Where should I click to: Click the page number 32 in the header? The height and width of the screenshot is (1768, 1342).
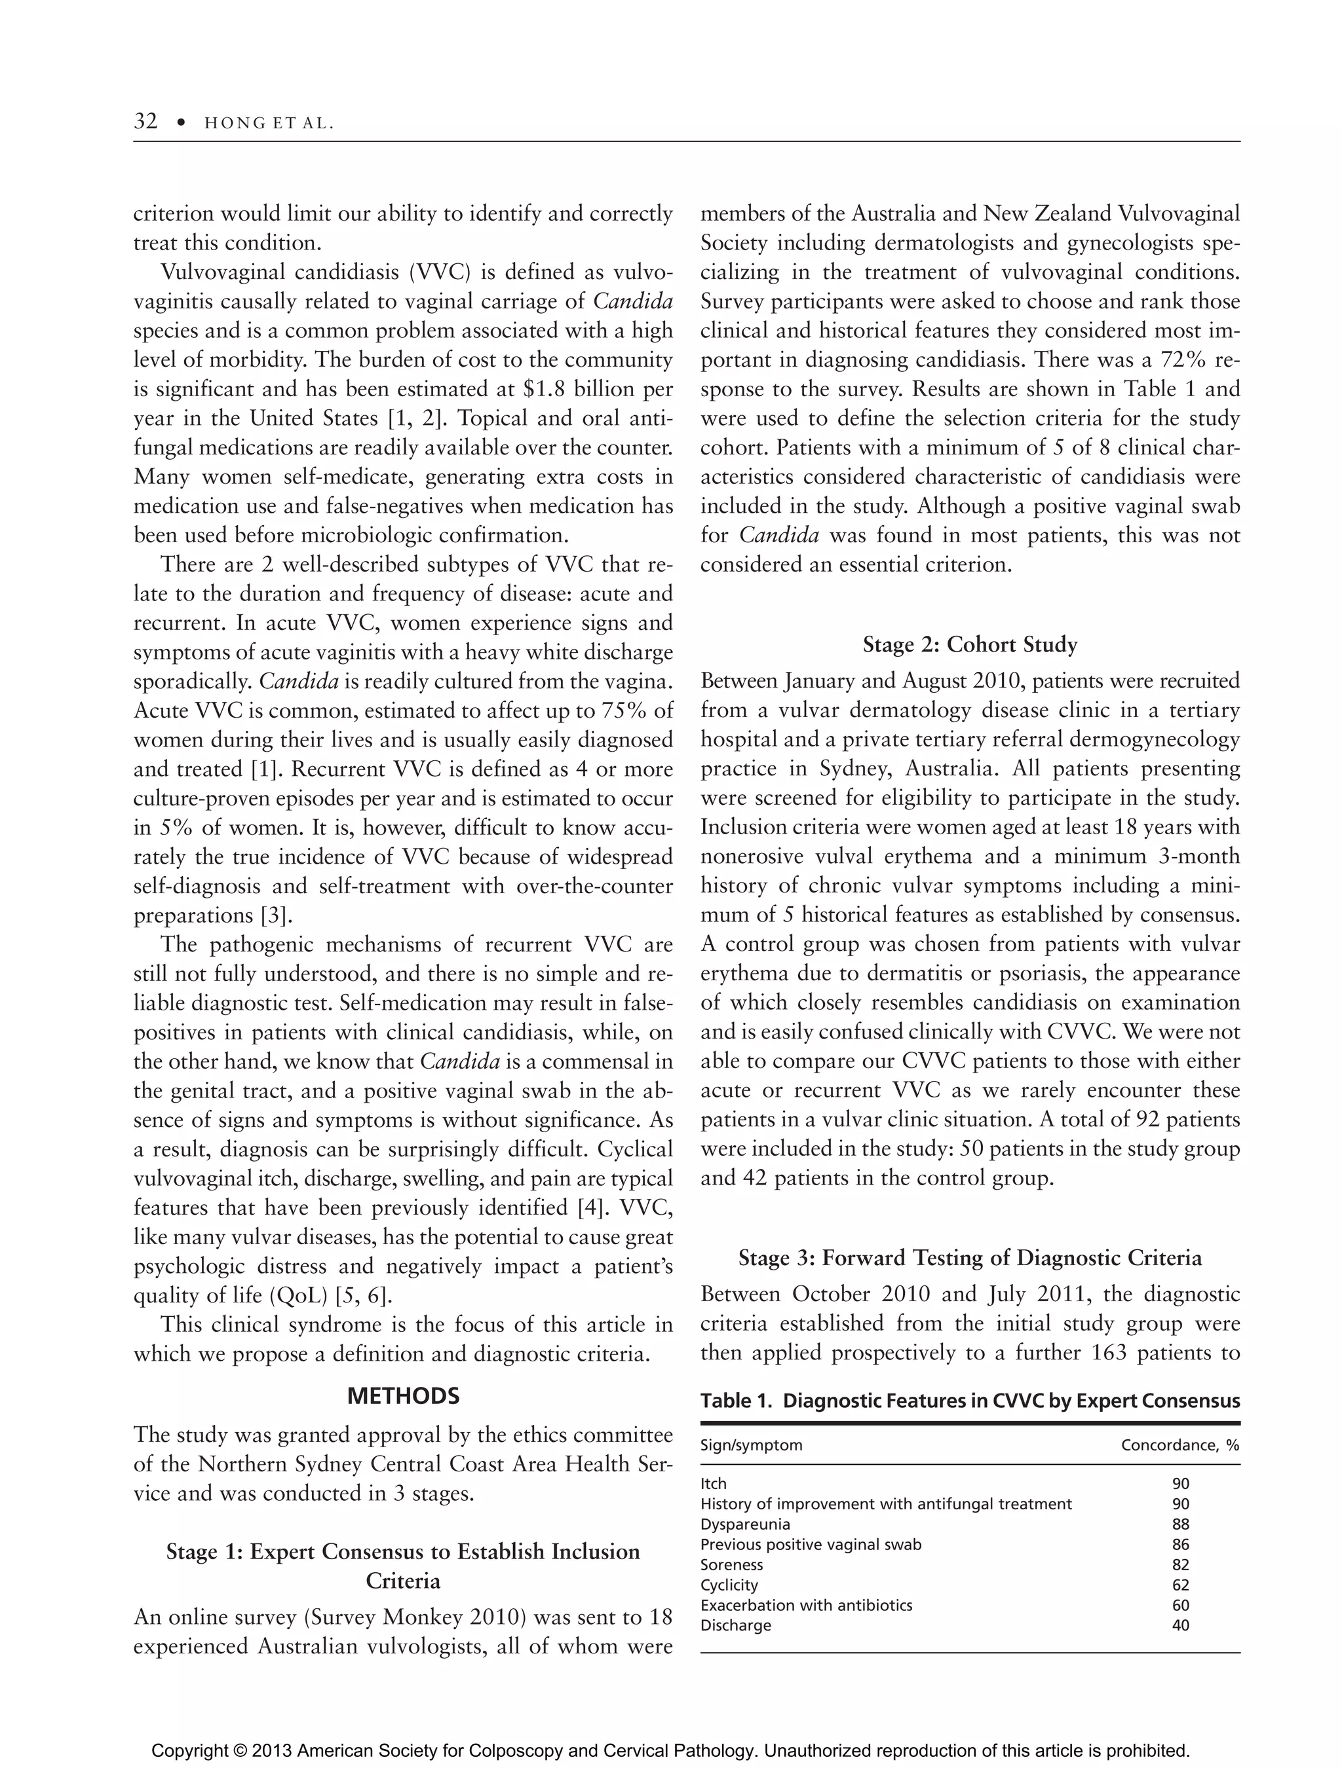point(145,122)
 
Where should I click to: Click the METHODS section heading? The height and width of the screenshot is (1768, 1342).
point(403,1395)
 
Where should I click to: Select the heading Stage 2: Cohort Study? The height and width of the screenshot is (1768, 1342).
point(969,645)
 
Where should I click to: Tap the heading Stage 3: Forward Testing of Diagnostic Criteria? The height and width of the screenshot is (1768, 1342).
point(969,1257)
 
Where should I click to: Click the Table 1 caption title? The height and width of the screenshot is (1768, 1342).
point(969,1401)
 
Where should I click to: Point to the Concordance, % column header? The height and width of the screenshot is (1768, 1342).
point(1179,1445)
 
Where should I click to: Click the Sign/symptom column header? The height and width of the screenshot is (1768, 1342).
point(751,1445)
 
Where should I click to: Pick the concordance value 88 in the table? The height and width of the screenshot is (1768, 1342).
point(1179,1523)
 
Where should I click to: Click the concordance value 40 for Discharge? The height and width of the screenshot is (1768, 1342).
point(1179,1625)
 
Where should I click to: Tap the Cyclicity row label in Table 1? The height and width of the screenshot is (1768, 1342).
point(729,1584)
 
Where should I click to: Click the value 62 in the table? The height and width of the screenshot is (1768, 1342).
point(1179,1584)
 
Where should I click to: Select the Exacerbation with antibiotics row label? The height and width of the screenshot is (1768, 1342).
point(805,1605)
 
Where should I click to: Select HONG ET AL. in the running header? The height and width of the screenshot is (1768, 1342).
point(269,123)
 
